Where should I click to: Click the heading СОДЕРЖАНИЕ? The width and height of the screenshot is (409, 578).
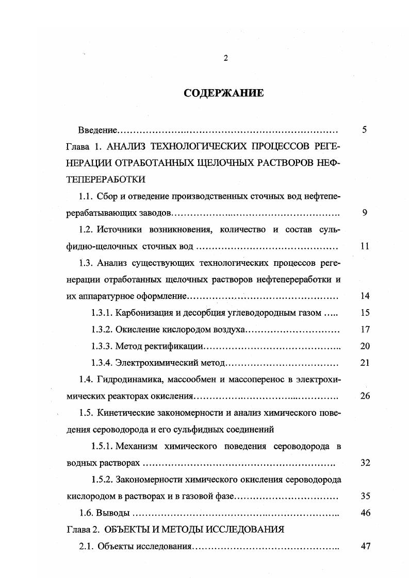pyautogui.click(x=223, y=93)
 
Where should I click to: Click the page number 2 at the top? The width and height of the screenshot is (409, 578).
pyautogui.click(x=225, y=58)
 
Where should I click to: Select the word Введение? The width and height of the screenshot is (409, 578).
pyautogui.click(x=98, y=130)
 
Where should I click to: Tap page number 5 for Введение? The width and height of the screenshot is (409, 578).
pyautogui.click(x=364, y=129)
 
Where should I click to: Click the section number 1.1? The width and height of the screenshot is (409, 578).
pyautogui.click(x=86, y=196)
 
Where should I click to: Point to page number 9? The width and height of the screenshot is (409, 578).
pyautogui.click(x=364, y=212)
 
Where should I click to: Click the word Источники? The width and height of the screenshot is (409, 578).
pyautogui.click(x=119, y=229)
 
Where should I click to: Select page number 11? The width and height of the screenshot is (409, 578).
pyautogui.click(x=364, y=246)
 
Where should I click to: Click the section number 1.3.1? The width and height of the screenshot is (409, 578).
pyautogui.click(x=101, y=312)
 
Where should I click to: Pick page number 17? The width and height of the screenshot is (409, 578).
pyautogui.click(x=365, y=329)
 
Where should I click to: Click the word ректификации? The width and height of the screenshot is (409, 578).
pyautogui.click(x=165, y=346)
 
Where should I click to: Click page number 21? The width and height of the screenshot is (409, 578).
pyautogui.click(x=365, y=363)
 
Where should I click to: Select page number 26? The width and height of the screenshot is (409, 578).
pyautogui.click(x=365, y=396)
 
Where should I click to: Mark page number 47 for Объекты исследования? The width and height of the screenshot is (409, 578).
pyautogui.click(x=365, y=546)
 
